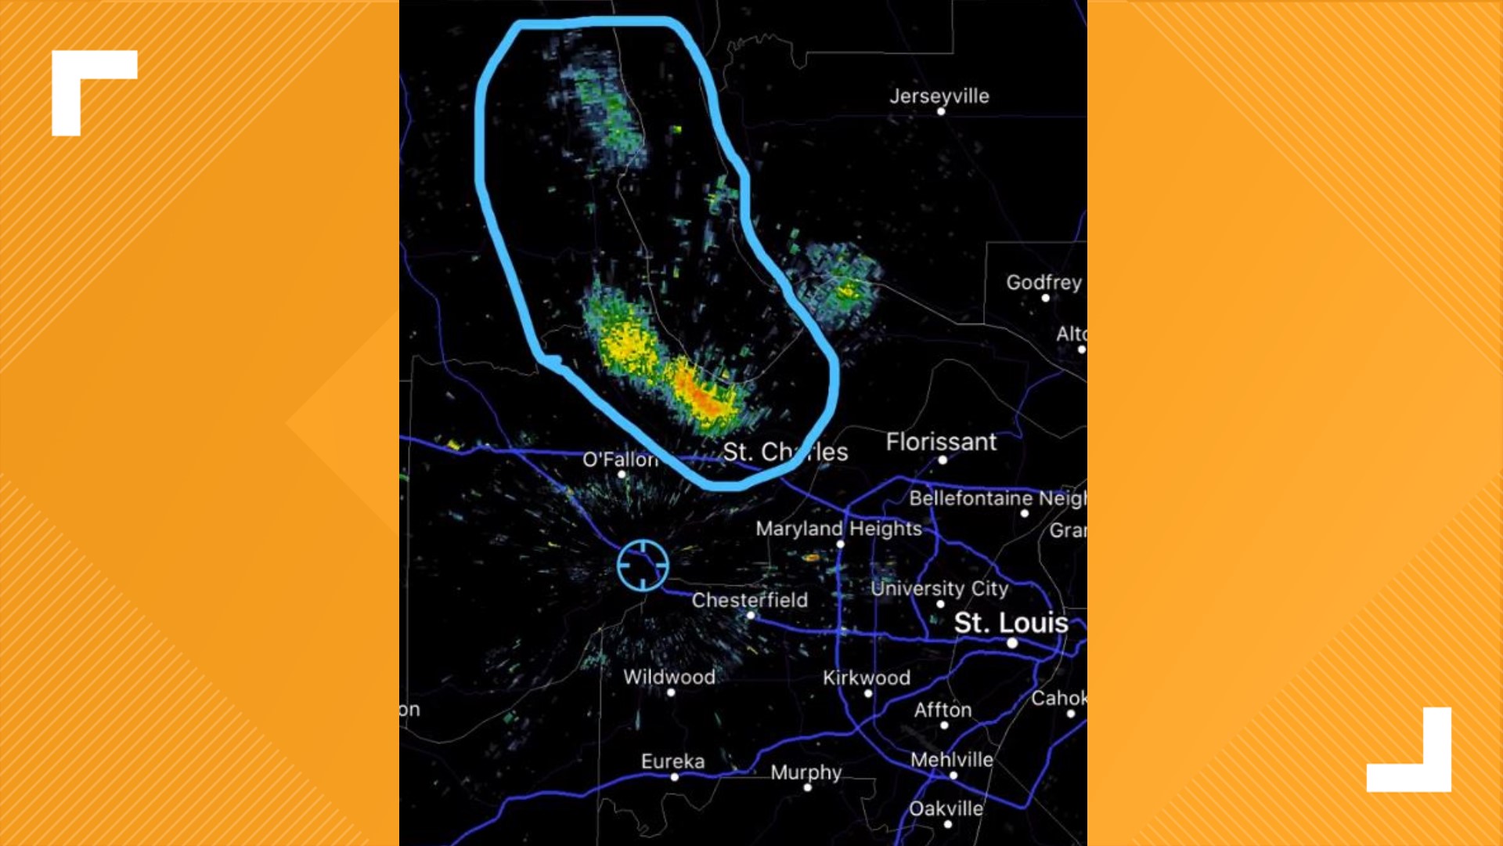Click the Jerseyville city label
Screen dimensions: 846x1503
click(x=939, y=96)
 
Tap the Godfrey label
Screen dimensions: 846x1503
click(x=1043, y=282)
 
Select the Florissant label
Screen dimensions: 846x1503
click(x=941, y=442)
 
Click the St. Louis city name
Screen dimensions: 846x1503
click(x=1011, y=623)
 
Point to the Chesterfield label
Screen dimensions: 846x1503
click(x=749, y=600)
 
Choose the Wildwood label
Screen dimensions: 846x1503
click(x=669, y=677)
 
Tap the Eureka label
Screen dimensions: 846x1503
click(x=672, y=761)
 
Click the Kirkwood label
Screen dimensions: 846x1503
click(x=866, y=678)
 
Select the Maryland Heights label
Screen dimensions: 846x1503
click(x=838, y=529)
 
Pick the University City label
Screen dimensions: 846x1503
click(x=939, y=588)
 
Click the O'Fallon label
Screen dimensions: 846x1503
click(x=620, y=459)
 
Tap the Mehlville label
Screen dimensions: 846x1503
click(x=951, y=760)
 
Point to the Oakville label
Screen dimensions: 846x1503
click(x=946, y=808)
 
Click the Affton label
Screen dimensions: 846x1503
click(x=943, y=710)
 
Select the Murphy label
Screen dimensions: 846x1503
click(x=806, y=772)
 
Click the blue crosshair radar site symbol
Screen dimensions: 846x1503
click(x=643, y=565)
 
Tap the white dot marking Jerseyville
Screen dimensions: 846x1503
click(x=941, y=112)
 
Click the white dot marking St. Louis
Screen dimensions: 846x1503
click(x=1012, y=643)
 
